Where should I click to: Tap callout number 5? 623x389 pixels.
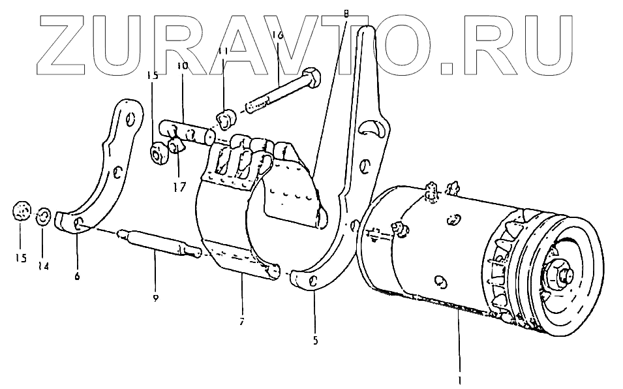(x=316, y=339)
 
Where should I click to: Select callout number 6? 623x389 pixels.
(x=77, y=276)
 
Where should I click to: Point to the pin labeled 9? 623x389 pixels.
(x=157, y=241)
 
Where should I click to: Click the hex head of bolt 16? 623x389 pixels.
(x=311, y=79)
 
